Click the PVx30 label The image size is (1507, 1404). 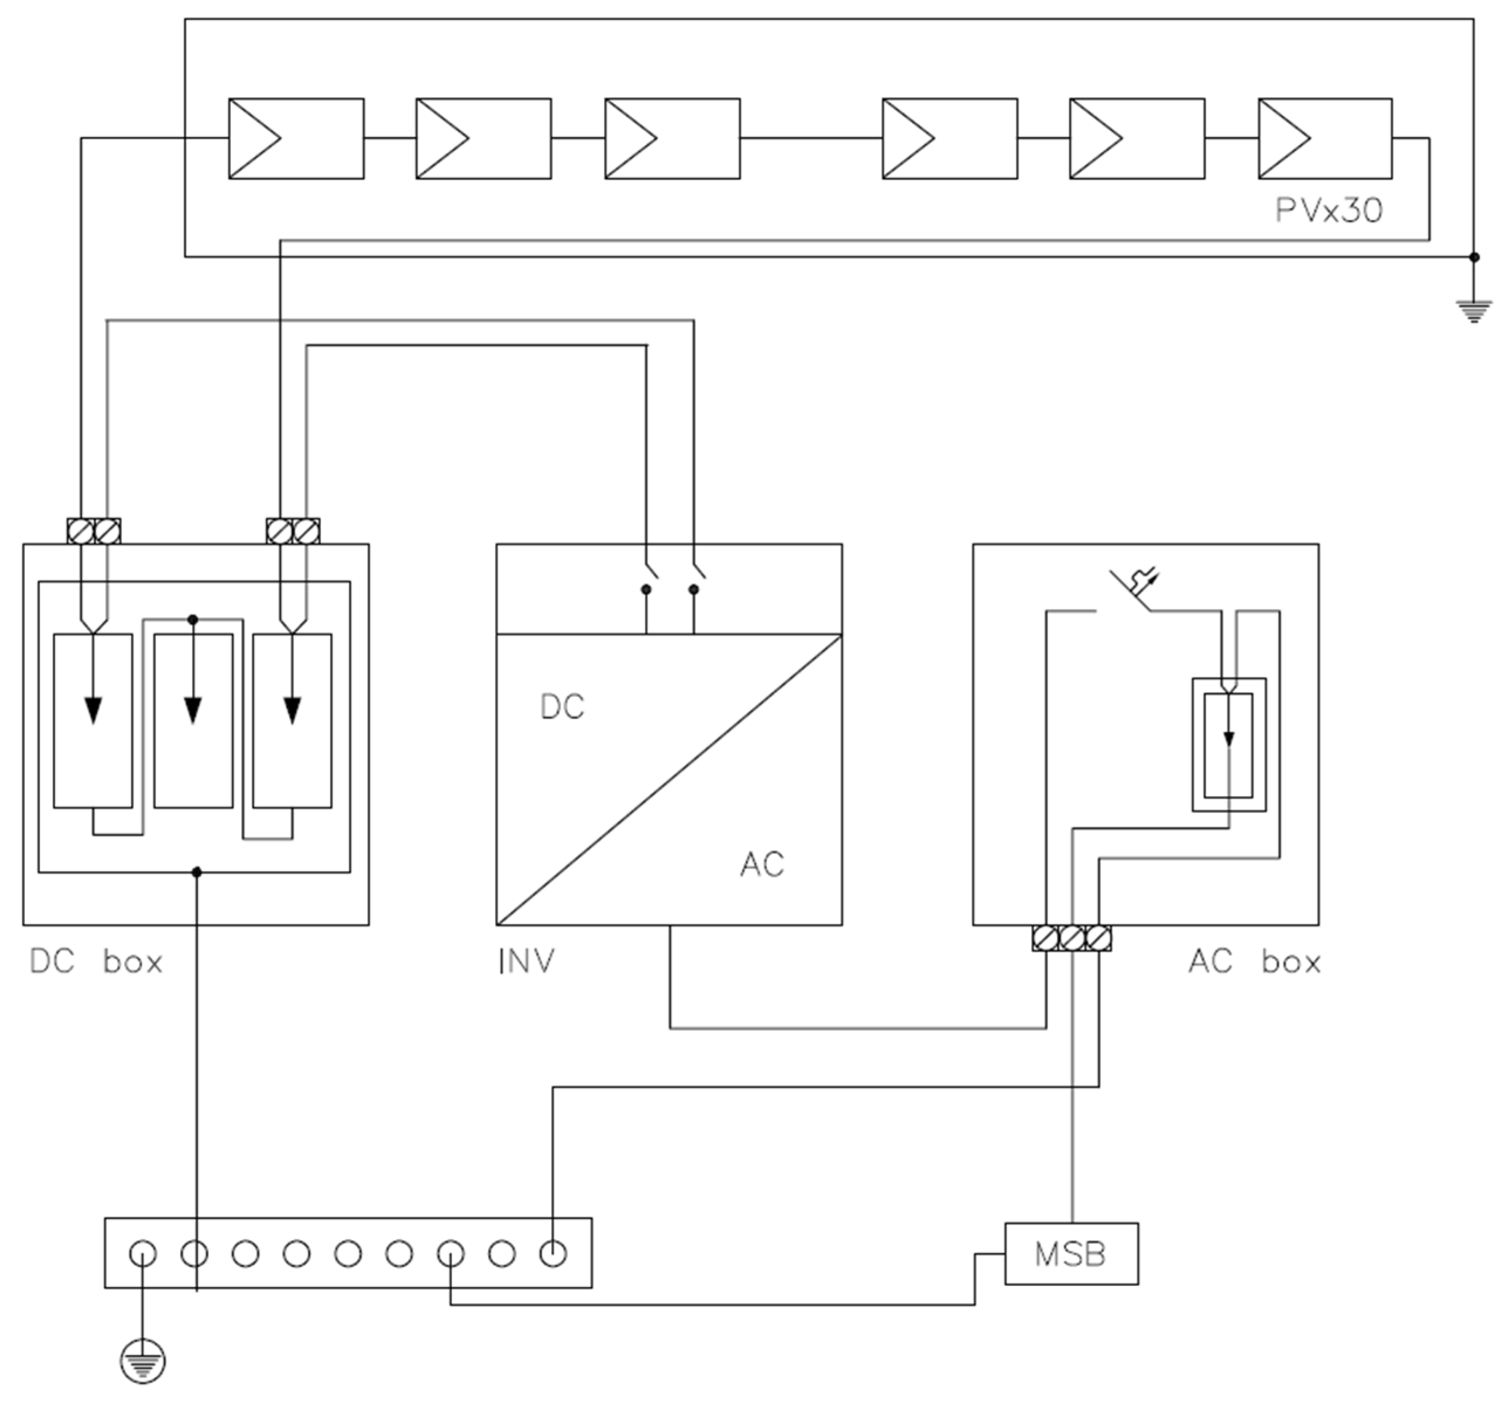point(1329,210)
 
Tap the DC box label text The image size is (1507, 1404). point(95,962)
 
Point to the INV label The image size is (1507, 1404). point(526,962)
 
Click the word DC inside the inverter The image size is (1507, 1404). point(562,707)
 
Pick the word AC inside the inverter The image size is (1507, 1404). point(762,865)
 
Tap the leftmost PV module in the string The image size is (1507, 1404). point(296,139)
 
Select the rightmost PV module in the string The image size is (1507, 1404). point(1325,139)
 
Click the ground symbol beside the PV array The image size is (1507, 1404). point(1474,311)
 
